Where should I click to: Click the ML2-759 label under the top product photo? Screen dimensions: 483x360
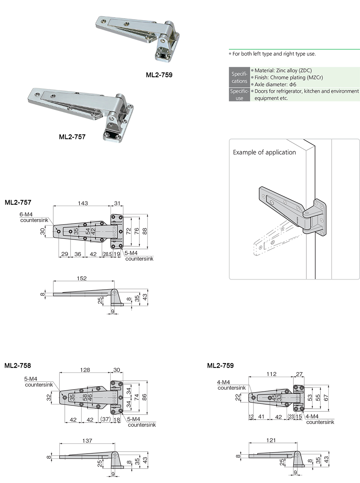pyautogui.click(x=159, y=75)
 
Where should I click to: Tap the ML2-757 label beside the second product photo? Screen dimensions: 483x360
pyautogui.click(x=72, y=137)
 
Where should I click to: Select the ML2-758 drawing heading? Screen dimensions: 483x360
pyautogui.click(x=18, y=366)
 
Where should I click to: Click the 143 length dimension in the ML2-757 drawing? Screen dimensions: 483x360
pyautogui.click(x=83, y=203)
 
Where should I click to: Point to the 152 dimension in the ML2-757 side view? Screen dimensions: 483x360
pyautogui.click(x=82, y=278)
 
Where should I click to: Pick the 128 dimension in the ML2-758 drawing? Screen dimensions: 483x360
pyautogui.click(x=85, y=370)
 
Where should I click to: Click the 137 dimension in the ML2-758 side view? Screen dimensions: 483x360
pyautogui.click(x=87, y=440)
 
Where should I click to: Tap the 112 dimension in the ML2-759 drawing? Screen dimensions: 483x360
pyautogui.click(x=271, y=374)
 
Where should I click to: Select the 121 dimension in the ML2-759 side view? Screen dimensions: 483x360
pyautogui.click(x=271, y=440)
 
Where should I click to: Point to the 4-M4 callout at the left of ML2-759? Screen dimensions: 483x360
pyautogui.click(x=223, y=382)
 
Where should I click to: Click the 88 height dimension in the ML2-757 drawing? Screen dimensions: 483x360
pyautogui.click(x=145, y=231)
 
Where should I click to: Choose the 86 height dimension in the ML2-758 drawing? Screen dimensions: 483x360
pyautogui.click(x=144, y=397)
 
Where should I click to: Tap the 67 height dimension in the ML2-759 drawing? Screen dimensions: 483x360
pyautogui.click(x=326, y=398)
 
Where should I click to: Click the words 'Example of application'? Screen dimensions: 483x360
pyautogui.click(x=264, y=152)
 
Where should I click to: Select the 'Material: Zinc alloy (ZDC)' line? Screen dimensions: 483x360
pyautogui.click(x=283, y=71)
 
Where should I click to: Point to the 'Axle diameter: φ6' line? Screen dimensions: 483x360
pyautogui.click(x=275, y=84)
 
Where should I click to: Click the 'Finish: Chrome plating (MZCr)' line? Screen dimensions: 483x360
pyautogui.click(x=289, y=77)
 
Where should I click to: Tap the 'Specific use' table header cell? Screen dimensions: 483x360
pyautogui.click(x=239, y=94)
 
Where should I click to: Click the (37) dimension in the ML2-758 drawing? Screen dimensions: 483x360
pyautogui.click(x=105, y=419)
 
